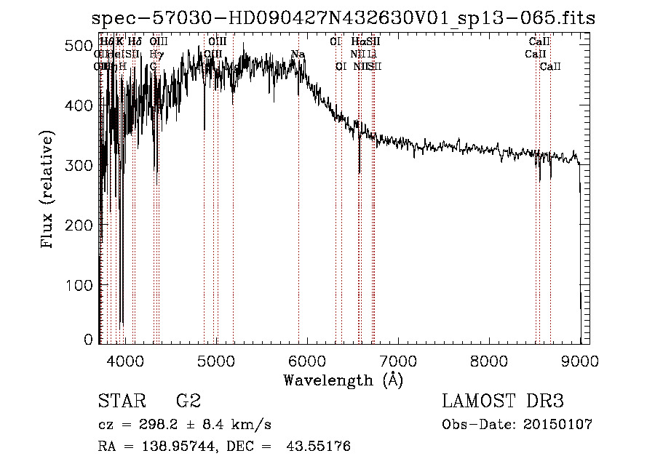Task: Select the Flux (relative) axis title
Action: pyautogui.click(x=49, y=191)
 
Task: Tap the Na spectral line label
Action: pyautogui.click(x=298, y=55)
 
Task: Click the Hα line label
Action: pyautogui.click(x=357, y=41)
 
